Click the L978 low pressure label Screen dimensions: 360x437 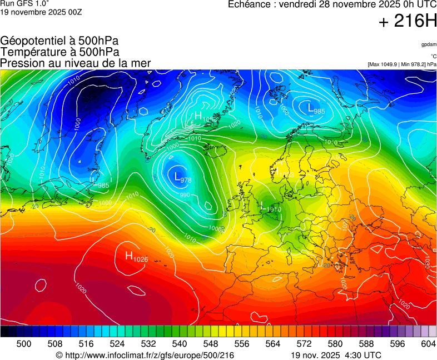[182, 178]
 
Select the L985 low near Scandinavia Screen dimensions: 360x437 [316, 108]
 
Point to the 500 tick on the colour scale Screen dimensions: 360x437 [23, 344]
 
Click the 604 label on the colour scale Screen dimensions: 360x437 [428, 344]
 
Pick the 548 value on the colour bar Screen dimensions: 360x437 [210, 344]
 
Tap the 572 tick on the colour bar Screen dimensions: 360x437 [304, 344]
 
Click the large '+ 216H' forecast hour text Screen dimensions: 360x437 [407, 22]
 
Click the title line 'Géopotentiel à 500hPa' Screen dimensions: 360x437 [59, 41]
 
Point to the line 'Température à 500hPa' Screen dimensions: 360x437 [59, 52]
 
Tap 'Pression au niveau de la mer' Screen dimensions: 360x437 [76, 63]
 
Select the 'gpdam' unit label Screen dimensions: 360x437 [428, 44]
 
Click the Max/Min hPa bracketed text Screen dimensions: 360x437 [402, 64]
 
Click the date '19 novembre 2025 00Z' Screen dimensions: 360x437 [41, 12]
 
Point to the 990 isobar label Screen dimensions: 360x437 [185, 195]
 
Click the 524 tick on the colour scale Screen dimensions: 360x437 [117, 344]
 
